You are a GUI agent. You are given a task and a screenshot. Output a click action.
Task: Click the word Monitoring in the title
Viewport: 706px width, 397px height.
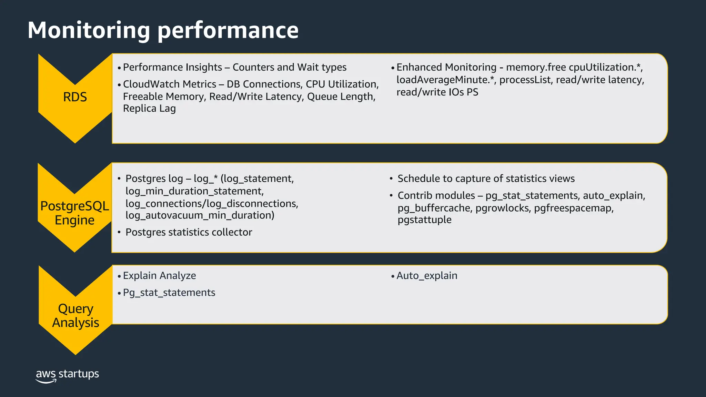tap(89, 30)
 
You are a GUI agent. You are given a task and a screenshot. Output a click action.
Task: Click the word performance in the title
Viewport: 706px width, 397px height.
tap(228, 31)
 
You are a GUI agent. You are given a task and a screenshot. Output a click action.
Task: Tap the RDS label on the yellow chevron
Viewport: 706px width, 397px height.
tap(75, 97)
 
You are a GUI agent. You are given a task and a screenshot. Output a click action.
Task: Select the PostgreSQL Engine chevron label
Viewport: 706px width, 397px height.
tap(74, 213)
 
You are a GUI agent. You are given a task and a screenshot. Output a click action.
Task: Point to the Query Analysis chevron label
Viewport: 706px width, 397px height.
tap(75, 316)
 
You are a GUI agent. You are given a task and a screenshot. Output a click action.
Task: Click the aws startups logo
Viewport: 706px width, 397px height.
tap(67, 375)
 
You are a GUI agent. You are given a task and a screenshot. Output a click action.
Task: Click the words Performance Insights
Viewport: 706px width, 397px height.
tap(172, 67)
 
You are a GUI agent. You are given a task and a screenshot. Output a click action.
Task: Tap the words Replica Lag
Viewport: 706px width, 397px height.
tap(149, 109)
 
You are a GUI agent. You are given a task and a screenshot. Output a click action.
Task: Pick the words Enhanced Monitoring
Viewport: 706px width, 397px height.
tap(446, 67)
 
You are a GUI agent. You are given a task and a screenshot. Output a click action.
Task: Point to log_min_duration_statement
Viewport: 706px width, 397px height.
tap(194, 191)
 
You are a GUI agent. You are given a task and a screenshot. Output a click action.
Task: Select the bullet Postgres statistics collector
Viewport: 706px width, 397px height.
tap(189, 232)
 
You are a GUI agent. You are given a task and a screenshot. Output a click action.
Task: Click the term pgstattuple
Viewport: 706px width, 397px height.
tap(424, 220)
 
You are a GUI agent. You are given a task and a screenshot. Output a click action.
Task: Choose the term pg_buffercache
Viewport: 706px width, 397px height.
tap(434, 208)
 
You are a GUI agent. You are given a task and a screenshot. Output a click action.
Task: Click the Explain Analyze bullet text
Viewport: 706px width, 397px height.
tap(159, 276)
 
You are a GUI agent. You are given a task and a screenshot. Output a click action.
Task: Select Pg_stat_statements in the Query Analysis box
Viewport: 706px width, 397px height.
tap(169, 293)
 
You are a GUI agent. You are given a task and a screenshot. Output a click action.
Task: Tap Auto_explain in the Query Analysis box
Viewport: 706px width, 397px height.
tap(427, 276)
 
